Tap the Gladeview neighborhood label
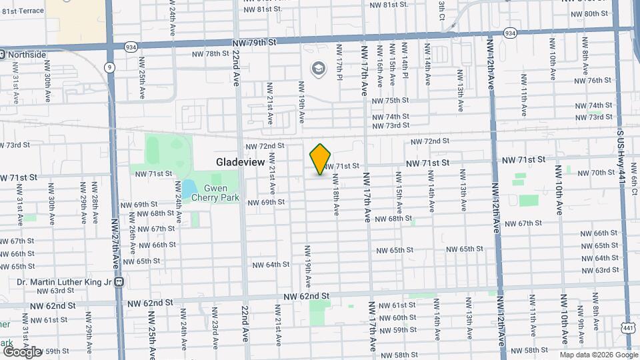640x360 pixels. pyautogui.click(x=240, y=162)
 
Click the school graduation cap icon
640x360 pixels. pyautogui.click(x=318, y=68)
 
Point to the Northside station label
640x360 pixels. pyautogui.click(x=26, y=55)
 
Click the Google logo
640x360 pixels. pyautogui.click(x=22, y=351)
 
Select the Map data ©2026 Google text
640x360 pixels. pyautogui.click(x=597, y=355)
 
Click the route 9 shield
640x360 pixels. pyautogui.click(x=109, y=67)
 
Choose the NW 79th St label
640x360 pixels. pyautogui.click(x=254, y=43)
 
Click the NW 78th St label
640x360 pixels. pyautogui.click(x=210, y=54)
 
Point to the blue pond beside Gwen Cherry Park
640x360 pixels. pyautogui.click(x=188, y=186)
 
